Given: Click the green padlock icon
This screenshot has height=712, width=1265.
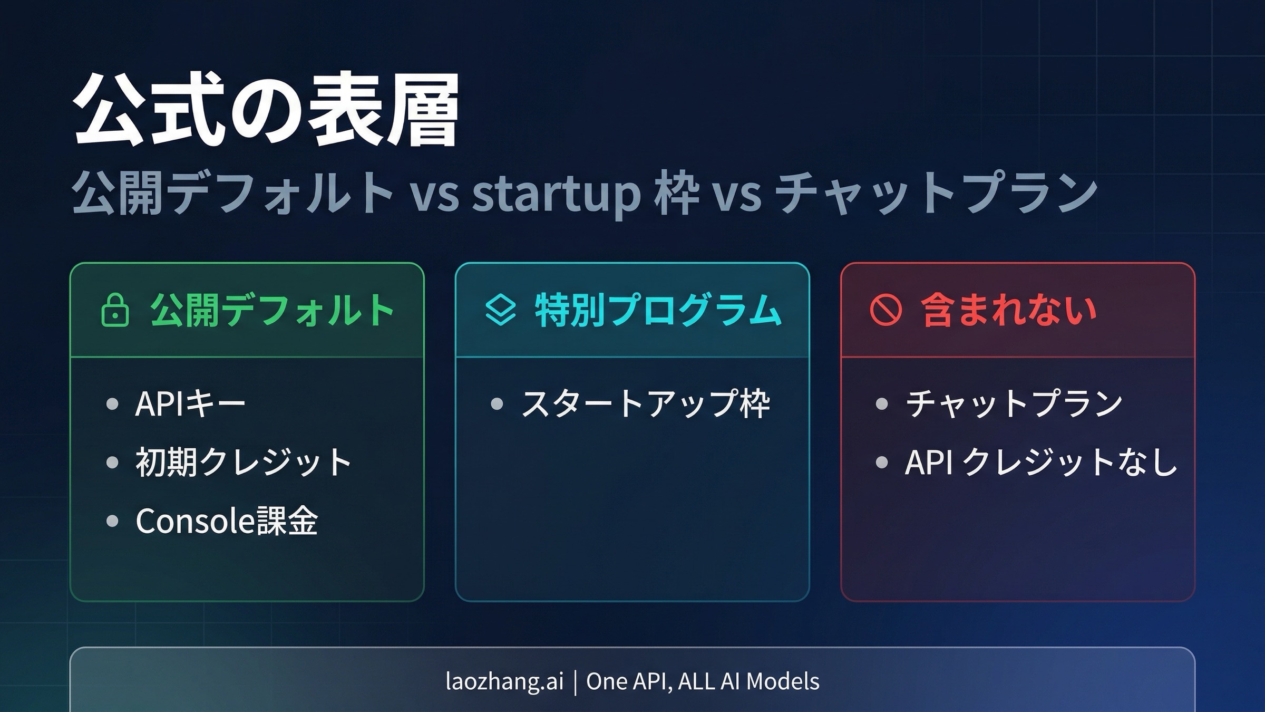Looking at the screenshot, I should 115,310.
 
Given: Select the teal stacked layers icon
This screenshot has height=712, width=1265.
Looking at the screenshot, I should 500,310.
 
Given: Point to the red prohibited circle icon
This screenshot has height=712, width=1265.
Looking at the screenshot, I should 885,310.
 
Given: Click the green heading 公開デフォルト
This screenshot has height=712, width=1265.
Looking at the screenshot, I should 272,310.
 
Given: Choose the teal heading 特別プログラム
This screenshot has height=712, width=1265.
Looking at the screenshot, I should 658,310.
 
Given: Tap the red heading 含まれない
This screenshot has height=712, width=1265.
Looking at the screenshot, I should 1009,310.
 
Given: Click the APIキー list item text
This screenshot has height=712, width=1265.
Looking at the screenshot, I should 190,404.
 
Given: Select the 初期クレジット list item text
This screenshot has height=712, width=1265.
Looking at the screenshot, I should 244,463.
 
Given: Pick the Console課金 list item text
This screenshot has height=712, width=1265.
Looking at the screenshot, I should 227,521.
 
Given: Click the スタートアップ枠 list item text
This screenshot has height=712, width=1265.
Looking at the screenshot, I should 645,404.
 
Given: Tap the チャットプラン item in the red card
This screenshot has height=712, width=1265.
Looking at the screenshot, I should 1014,404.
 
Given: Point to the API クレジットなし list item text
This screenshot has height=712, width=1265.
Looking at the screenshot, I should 1040,463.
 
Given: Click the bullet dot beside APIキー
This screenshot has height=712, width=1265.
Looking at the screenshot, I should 112,404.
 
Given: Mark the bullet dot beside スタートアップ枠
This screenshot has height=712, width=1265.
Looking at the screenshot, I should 497,404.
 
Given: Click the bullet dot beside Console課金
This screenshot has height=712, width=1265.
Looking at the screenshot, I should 112,521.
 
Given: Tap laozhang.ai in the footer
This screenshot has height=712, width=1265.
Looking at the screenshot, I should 504,681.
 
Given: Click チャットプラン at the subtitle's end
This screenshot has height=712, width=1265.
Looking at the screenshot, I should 936,194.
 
